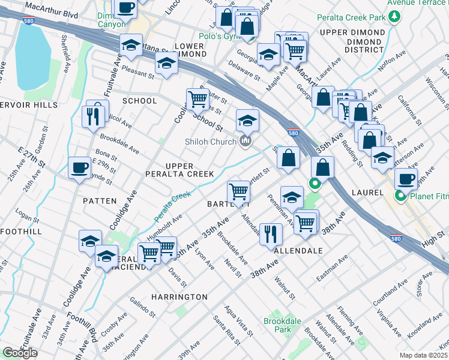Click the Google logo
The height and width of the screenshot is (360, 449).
pos(20,353)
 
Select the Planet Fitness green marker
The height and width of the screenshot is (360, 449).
pos(399,196)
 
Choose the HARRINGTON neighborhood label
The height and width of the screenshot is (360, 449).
pos(179,297)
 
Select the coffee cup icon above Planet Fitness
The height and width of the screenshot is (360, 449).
pos(406,178)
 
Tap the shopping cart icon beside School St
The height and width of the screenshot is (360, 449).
pos(197,98)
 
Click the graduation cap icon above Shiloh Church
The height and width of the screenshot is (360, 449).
pos(247,120)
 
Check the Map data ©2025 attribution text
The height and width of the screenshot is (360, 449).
pos(424,355)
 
